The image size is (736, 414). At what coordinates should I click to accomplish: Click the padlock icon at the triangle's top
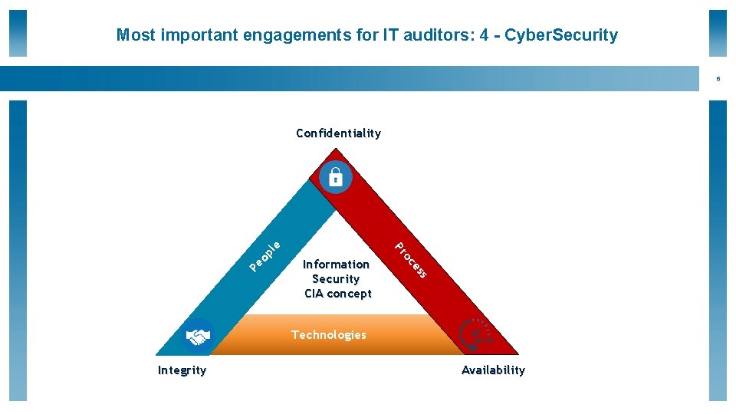coord(336,177)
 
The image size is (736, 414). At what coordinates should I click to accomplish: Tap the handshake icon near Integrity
coord(199,336)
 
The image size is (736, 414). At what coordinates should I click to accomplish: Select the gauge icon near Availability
coord(475,334)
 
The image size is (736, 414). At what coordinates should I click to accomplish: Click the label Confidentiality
coord(338,133)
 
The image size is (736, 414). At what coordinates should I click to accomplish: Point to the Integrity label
coord(182,370)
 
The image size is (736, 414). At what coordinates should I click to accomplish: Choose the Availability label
coord(493,370)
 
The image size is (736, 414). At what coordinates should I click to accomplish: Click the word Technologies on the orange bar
coord(329,335)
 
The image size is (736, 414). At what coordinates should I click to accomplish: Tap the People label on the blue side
coord(265,256)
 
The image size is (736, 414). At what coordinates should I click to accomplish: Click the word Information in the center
coord(336,264)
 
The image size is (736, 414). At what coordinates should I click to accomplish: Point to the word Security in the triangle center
coord(336,279)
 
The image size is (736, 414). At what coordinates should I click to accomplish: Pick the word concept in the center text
coord(350,294)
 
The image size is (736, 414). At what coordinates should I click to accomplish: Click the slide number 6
coord(718,79)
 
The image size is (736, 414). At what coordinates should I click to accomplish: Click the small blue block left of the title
coord(18,33)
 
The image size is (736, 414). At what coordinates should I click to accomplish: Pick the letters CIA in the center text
coord(314,294)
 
